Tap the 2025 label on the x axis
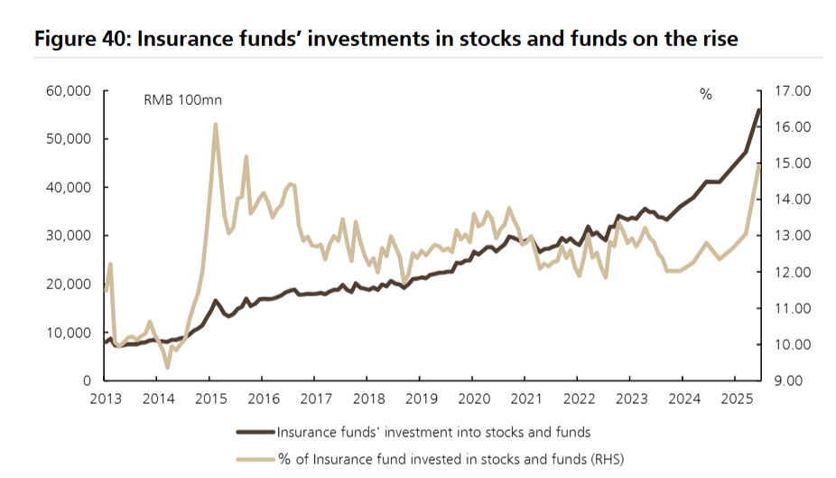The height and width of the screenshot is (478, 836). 738,398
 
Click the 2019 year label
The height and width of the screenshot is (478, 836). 421,398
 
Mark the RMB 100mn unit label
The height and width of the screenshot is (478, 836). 182,100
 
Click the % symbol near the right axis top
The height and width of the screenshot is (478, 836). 706,94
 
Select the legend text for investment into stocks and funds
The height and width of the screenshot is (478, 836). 434,432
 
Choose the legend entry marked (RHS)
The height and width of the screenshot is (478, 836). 451,459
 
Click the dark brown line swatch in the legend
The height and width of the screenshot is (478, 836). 255,432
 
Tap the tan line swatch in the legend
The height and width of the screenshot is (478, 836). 255,459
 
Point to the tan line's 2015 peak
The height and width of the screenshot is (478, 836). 215,125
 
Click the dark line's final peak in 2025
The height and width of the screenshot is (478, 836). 758,109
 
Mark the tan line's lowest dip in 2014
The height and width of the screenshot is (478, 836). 168,367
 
